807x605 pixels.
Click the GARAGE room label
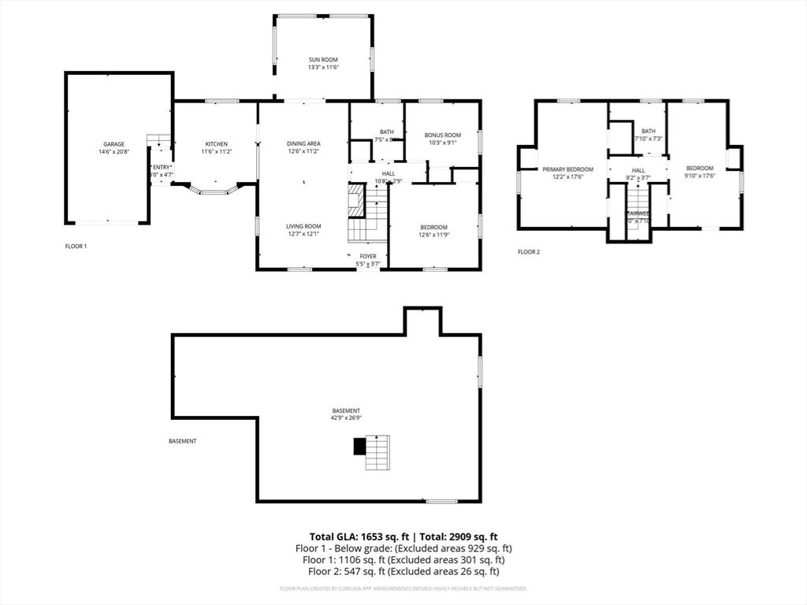pyautogui.click(x=113, y=144)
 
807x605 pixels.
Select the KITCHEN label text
pyautogui.click(x=216, y=144)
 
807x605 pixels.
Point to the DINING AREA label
pyautogui.click(x=303, y=143)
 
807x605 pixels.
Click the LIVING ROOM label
pyautogui.click(x=303, y=226)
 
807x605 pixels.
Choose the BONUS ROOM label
pyautogui.click(x=442, y=135)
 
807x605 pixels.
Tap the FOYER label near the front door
pyautogui.click(x=368, y=256)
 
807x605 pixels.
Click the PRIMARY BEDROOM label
pyautogui.click(x=567, y=169)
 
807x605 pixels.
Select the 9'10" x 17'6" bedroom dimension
pyautogui.click(x=699, y=176)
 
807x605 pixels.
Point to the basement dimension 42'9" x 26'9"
pyautogui.click(x=346, y=418)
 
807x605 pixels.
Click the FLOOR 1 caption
pyautogui.click(x=76, y=247)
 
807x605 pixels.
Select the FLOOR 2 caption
pyautogui.click(x=529, y=252)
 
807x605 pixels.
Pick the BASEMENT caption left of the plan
pyautogui.click(x=183, y=441)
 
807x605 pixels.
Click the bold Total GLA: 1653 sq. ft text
pyautogui.click(x=354, y=536)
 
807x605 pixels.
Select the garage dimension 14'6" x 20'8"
pyautogui.click(x=113, y=152)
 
